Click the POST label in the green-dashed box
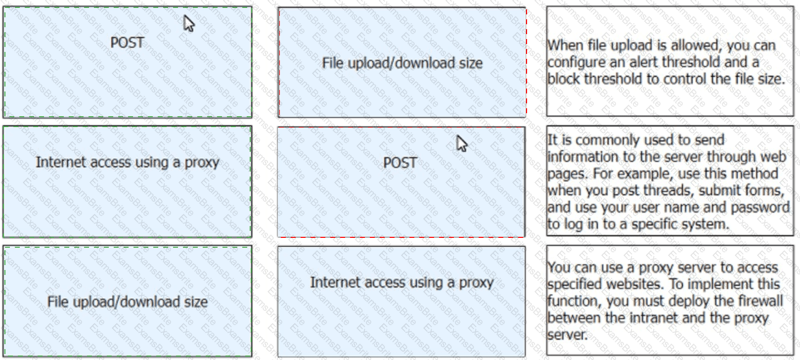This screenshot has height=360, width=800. pos(127,43)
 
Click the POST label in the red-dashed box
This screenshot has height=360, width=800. pos(400,163)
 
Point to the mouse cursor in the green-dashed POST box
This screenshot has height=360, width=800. pos(188,24)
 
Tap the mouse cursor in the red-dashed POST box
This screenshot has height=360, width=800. pos(461,143)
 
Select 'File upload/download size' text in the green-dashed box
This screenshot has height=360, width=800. pos(128,302)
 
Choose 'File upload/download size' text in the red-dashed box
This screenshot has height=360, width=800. pos(402,63)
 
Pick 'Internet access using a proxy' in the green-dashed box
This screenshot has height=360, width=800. pos(128,163)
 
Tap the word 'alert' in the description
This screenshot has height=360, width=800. pos(643,62)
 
